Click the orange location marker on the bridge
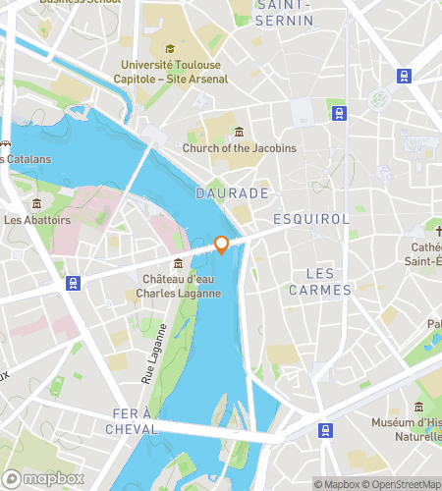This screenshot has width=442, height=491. tap(222, 245)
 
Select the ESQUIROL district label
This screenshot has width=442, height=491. tap(311, 218)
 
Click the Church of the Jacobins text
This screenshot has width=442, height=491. tap(239, 148)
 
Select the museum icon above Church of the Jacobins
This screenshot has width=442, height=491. tap(239, 133)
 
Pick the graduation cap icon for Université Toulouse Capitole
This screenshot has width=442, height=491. tap(170, 49)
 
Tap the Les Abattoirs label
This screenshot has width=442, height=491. tap(37, 220)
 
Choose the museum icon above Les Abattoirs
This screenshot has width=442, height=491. tap(36, 203)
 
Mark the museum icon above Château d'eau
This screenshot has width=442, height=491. tap(178, 263)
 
